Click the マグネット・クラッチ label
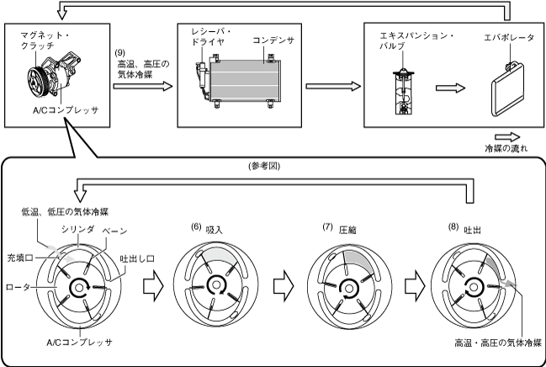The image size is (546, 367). pyautogui.click(x=44, y=40)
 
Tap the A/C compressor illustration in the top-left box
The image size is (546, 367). pyautogui.click(x=56, y=77)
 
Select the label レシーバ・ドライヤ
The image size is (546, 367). pyautogui.click(x=211, y=36)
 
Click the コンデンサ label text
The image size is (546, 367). pyautogui.click(x=273, y=40)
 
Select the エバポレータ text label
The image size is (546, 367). pyautogui.click(x=509, y=37)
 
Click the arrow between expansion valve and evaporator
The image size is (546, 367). pyautogui.click(x=450, y=88)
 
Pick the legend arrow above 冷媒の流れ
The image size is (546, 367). pyautogui.click(x=507, y=137)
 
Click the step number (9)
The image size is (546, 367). pyautogui.click(x=119, y=53)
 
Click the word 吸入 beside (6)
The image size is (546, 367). pyautogui.click(x=215, y=230)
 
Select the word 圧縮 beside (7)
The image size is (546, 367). pyautogui.click(x=347, y=230)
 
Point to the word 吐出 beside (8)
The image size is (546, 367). pyautogui.click(x=473, y=230)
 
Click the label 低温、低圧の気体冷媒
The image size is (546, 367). pyautogui.click(x=65, y=212)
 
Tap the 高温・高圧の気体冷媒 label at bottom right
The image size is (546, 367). pyautogui.click(x=498, y=343)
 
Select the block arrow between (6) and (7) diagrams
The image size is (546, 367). pyautogui.click(x=284, y=286)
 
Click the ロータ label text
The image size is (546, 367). pyautogui.click(x=19, y=287)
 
